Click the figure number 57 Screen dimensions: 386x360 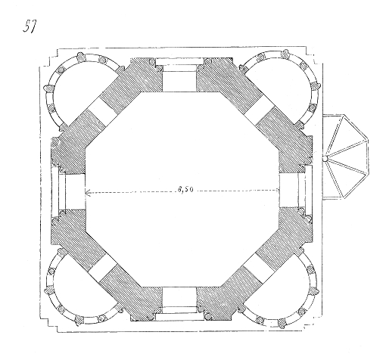point(30,26)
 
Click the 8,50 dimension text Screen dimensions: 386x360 point(185,190)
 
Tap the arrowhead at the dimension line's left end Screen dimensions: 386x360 point(88,193)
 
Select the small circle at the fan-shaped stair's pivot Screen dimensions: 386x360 point(325,159)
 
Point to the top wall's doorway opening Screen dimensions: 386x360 point(179,75)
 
